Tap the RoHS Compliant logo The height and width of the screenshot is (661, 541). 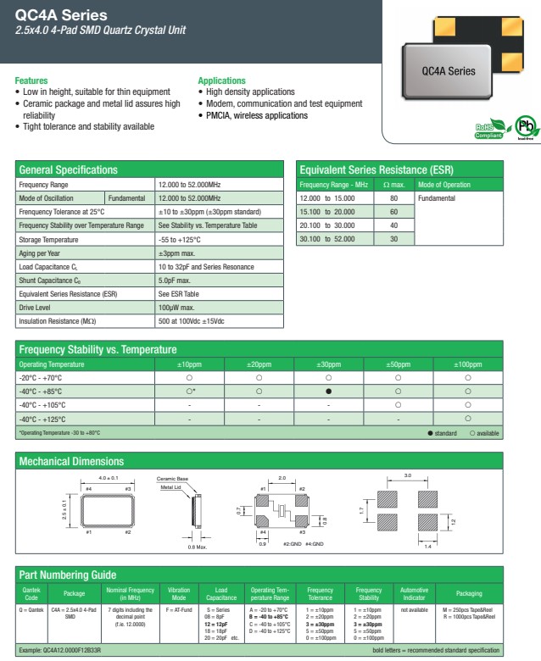[x=490, y=130]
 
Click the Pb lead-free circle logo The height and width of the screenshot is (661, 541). [x=526, y=127]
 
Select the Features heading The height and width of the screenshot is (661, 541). [x=31, y=81]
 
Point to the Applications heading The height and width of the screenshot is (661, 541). [x=221, y=81]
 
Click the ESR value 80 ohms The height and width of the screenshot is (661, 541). [x=393, y=198]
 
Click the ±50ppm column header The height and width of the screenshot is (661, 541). [x=398, y=364]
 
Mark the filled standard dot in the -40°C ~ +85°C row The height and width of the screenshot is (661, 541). [x=328, y=392]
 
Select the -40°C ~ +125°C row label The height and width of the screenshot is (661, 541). [x=42, y=419]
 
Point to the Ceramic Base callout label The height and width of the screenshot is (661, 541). [x=173, y=479]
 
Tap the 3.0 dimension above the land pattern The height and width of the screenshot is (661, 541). [x=408, y=476]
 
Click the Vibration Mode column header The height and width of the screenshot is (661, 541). [x=179, y=592]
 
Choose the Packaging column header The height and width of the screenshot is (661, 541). [x=469, y=592]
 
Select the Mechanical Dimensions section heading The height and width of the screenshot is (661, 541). [x=71, y=462]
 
